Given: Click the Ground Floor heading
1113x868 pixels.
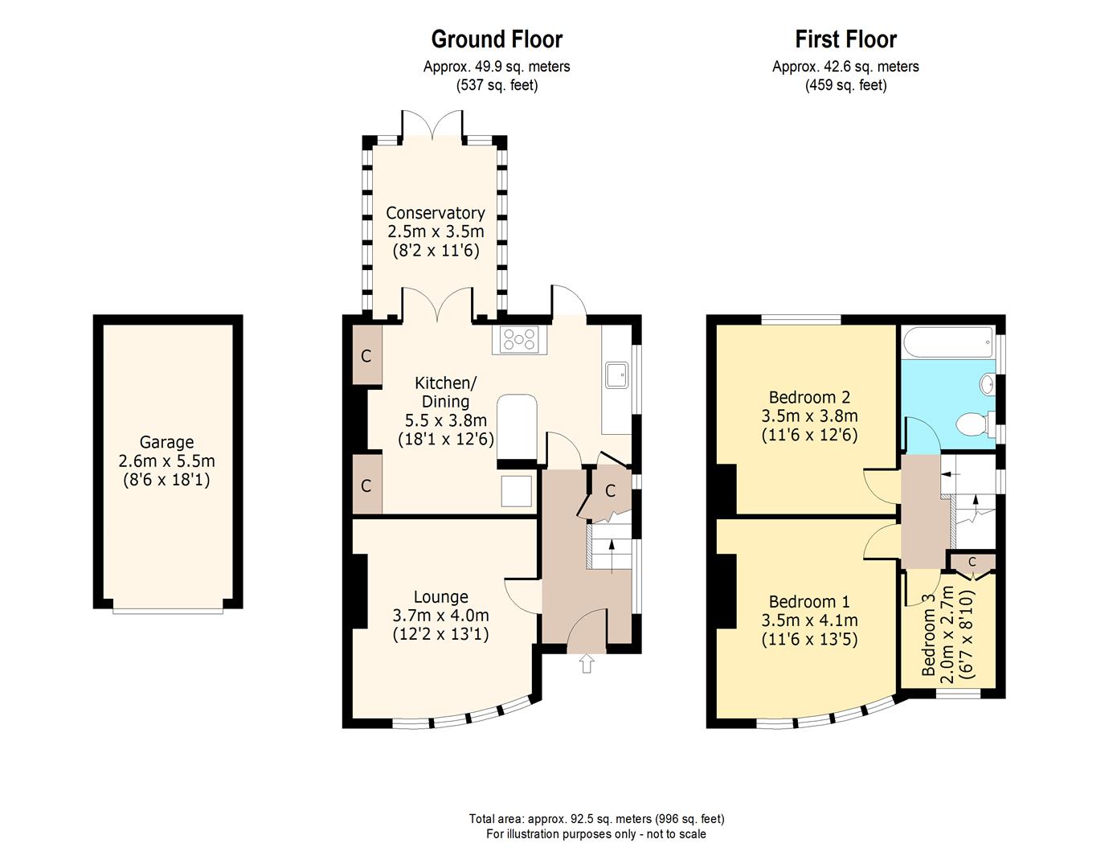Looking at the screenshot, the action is [497, 39].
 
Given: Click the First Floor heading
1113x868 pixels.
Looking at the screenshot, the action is [845, 39].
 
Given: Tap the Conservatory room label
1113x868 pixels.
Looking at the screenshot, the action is [436, 212].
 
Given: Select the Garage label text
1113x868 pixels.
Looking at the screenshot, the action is [166, 442].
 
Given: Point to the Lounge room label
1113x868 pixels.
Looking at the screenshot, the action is [440, 597].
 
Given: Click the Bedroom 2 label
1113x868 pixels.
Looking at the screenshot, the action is [810, 397].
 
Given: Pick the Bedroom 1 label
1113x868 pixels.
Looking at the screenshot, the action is [809, 601].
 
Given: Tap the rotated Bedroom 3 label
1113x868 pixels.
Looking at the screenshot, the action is [929, 634].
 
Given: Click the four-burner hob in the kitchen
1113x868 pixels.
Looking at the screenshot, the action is [519, 339].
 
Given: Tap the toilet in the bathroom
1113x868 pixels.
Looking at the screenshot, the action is [975, 425].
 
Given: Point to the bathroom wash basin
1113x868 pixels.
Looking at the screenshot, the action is [987, 383].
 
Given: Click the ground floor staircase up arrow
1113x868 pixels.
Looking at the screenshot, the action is [612, 556].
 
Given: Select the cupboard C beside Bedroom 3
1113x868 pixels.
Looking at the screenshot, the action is [972, 563].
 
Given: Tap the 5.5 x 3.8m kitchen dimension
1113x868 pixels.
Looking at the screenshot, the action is [446, 420].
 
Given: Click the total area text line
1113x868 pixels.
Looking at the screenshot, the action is [597, 819].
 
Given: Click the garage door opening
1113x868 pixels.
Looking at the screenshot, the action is [168, 611].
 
